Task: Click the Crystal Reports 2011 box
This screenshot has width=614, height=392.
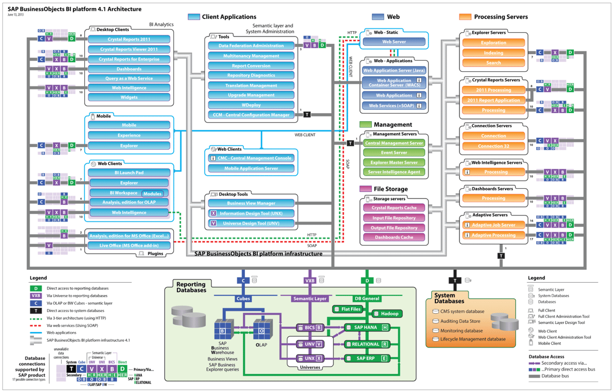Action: point(129,39)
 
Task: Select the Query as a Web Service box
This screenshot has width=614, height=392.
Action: point(129,78)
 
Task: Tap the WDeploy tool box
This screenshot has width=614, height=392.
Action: point(251,105)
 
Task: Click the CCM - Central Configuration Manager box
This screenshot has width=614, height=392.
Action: point(251,115)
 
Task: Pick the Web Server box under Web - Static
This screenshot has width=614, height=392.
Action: point(394,42)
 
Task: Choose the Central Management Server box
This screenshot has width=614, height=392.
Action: point(394,143)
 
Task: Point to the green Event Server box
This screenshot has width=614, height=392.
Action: point(394,153)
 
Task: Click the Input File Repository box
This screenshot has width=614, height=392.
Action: point(394,218)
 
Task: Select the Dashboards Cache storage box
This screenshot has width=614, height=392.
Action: point(394,237)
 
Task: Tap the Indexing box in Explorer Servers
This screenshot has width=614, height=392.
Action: point(493,53)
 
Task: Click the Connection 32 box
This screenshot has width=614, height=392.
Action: point(493,146)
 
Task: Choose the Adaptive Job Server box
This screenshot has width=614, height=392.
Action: point(493,225)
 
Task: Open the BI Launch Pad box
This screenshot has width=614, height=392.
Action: point(129,173)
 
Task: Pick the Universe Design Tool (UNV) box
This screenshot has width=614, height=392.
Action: point(251,223)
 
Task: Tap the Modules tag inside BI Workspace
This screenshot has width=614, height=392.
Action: point(152,194)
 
